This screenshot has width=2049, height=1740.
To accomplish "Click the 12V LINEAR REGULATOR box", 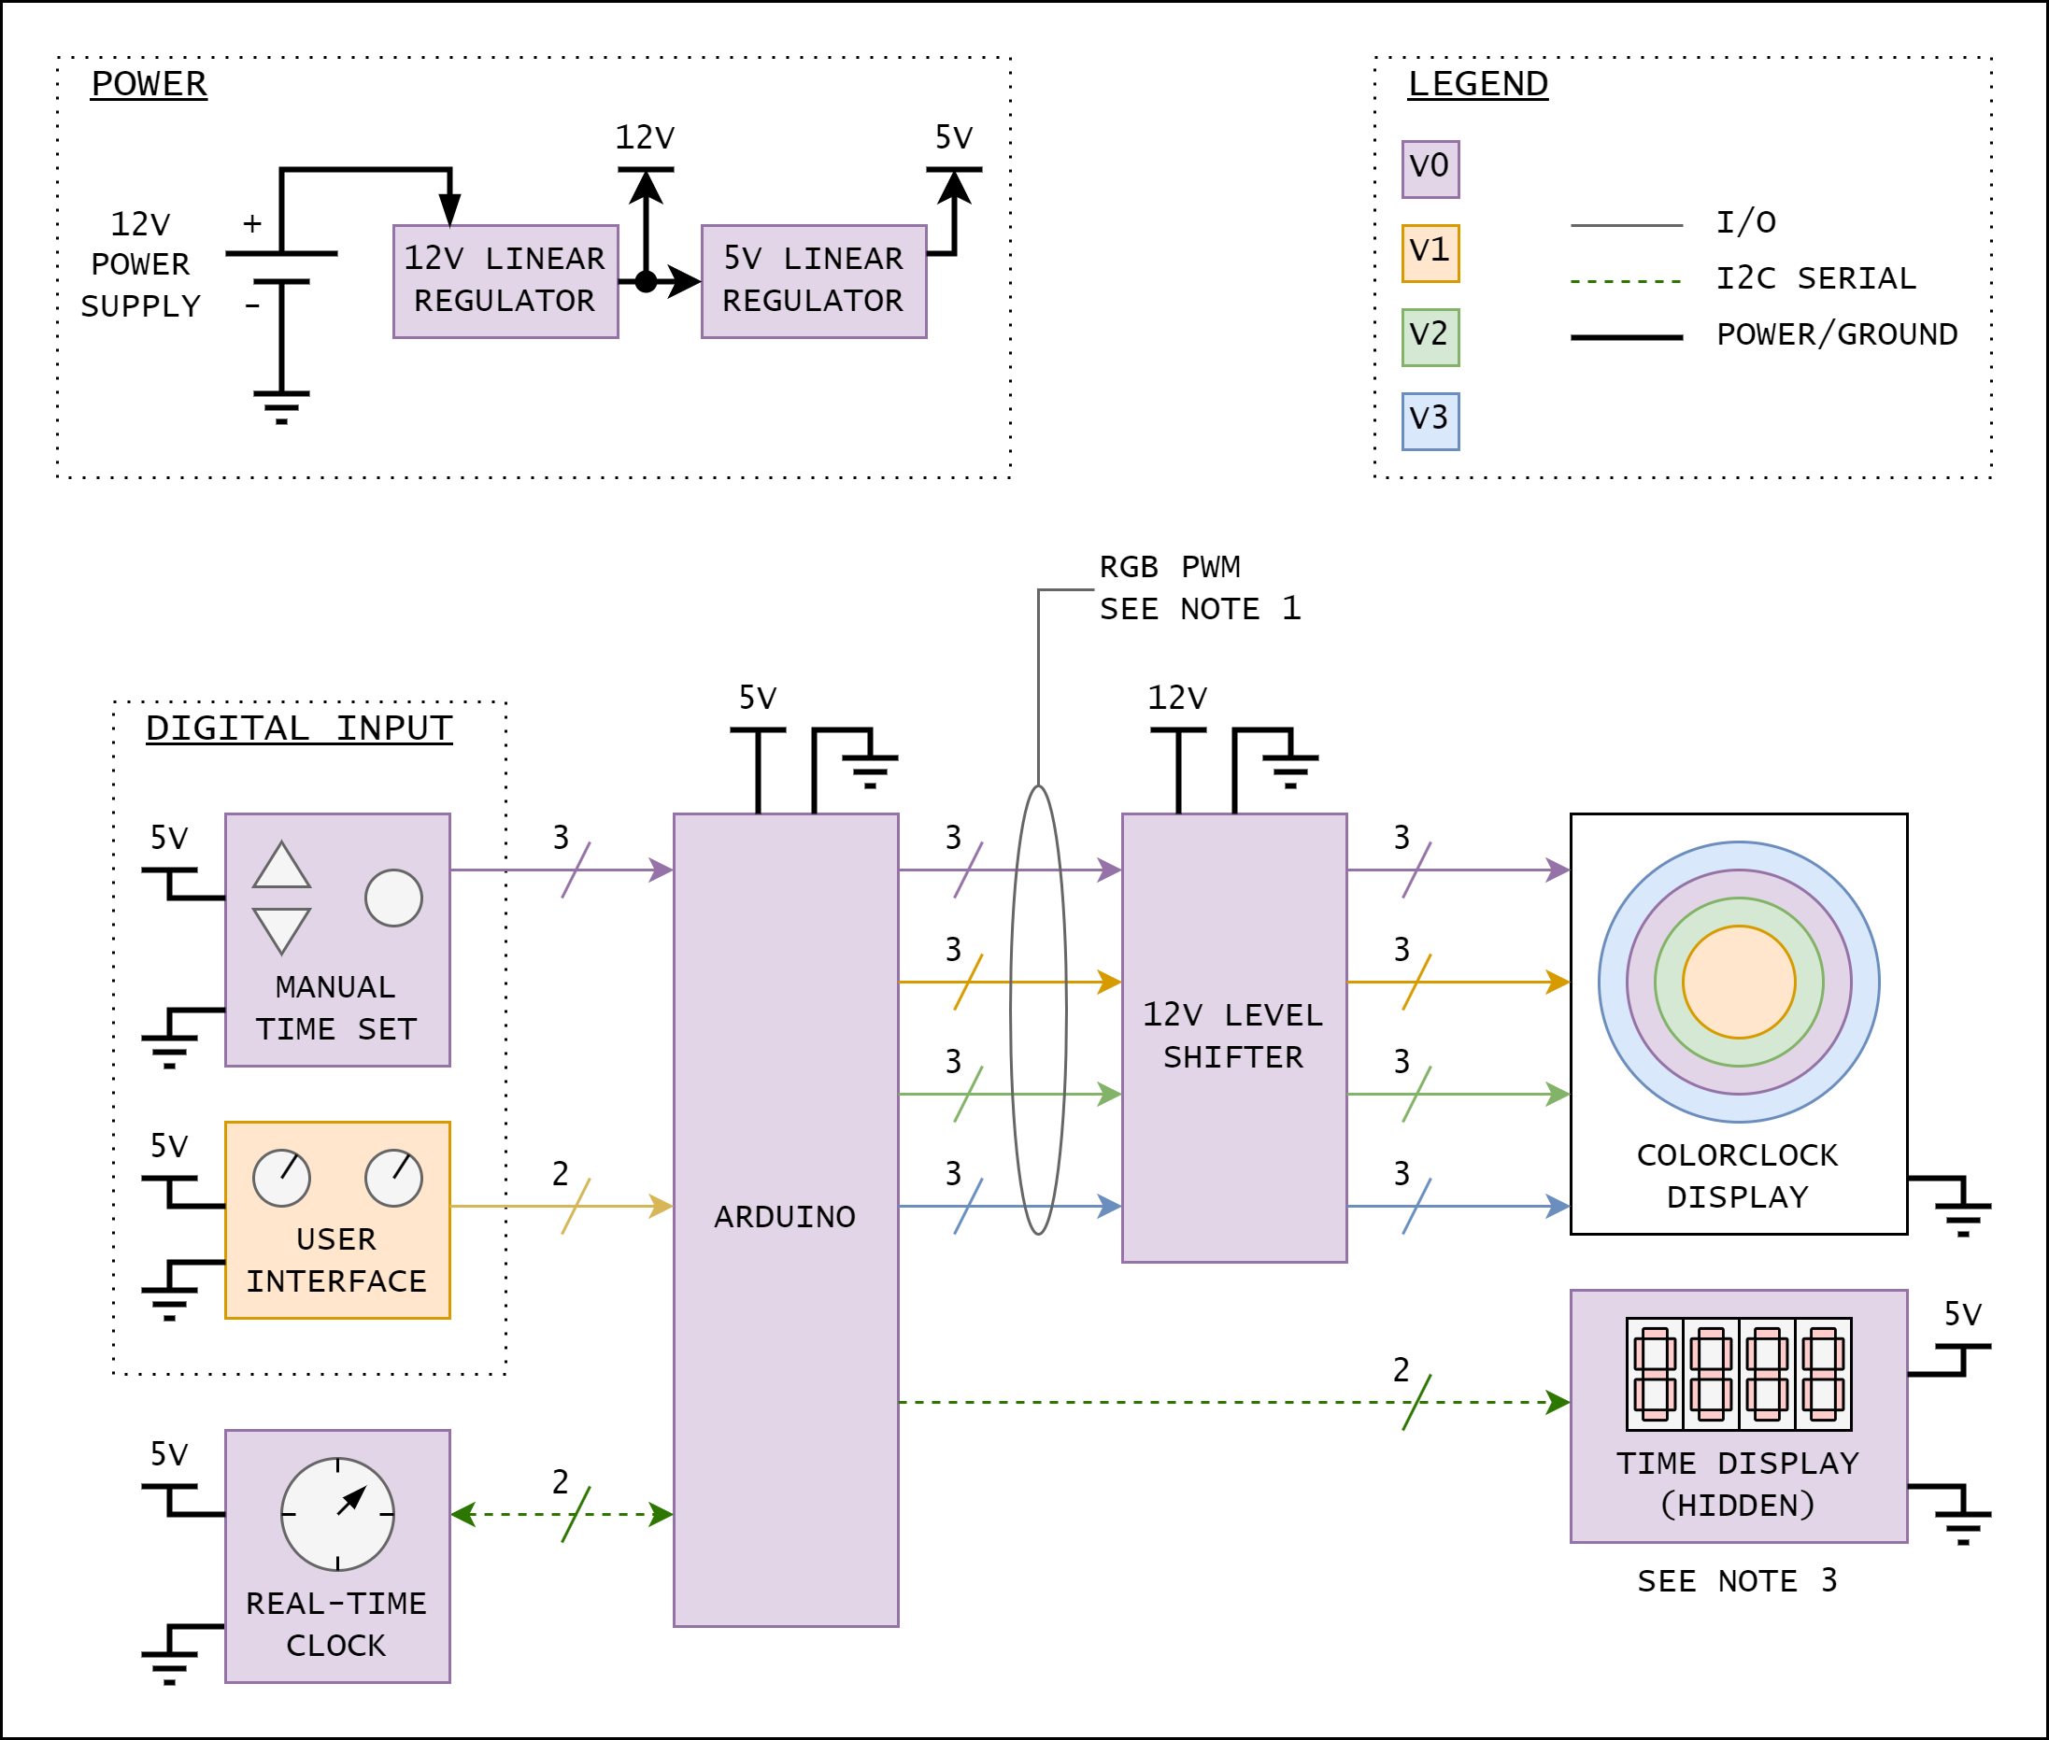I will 505,281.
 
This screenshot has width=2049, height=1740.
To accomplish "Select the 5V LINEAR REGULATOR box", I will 814,281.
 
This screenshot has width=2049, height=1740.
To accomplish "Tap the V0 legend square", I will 1430,169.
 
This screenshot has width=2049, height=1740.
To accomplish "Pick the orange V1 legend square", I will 1430,253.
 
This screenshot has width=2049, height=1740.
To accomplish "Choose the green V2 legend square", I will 1430,337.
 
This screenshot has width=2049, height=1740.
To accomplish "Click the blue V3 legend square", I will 1430,421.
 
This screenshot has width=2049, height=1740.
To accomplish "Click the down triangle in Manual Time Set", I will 282,927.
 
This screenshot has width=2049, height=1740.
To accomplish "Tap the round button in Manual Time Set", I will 393,898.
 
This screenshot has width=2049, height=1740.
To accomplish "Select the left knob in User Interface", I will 282,1178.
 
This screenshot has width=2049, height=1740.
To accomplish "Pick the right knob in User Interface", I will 393,1178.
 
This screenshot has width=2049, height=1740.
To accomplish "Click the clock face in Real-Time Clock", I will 337,1514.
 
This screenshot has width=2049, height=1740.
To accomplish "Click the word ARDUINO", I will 785,1217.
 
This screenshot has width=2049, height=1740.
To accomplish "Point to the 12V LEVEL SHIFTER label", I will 1233,1036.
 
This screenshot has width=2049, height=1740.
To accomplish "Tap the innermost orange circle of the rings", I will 1739,982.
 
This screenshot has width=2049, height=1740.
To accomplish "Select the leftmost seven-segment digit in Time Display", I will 1655,1374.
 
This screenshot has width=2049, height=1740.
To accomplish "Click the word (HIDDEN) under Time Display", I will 1738,1506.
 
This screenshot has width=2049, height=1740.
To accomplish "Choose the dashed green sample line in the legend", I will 1626,282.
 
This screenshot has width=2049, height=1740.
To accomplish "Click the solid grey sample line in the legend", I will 1626,226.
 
